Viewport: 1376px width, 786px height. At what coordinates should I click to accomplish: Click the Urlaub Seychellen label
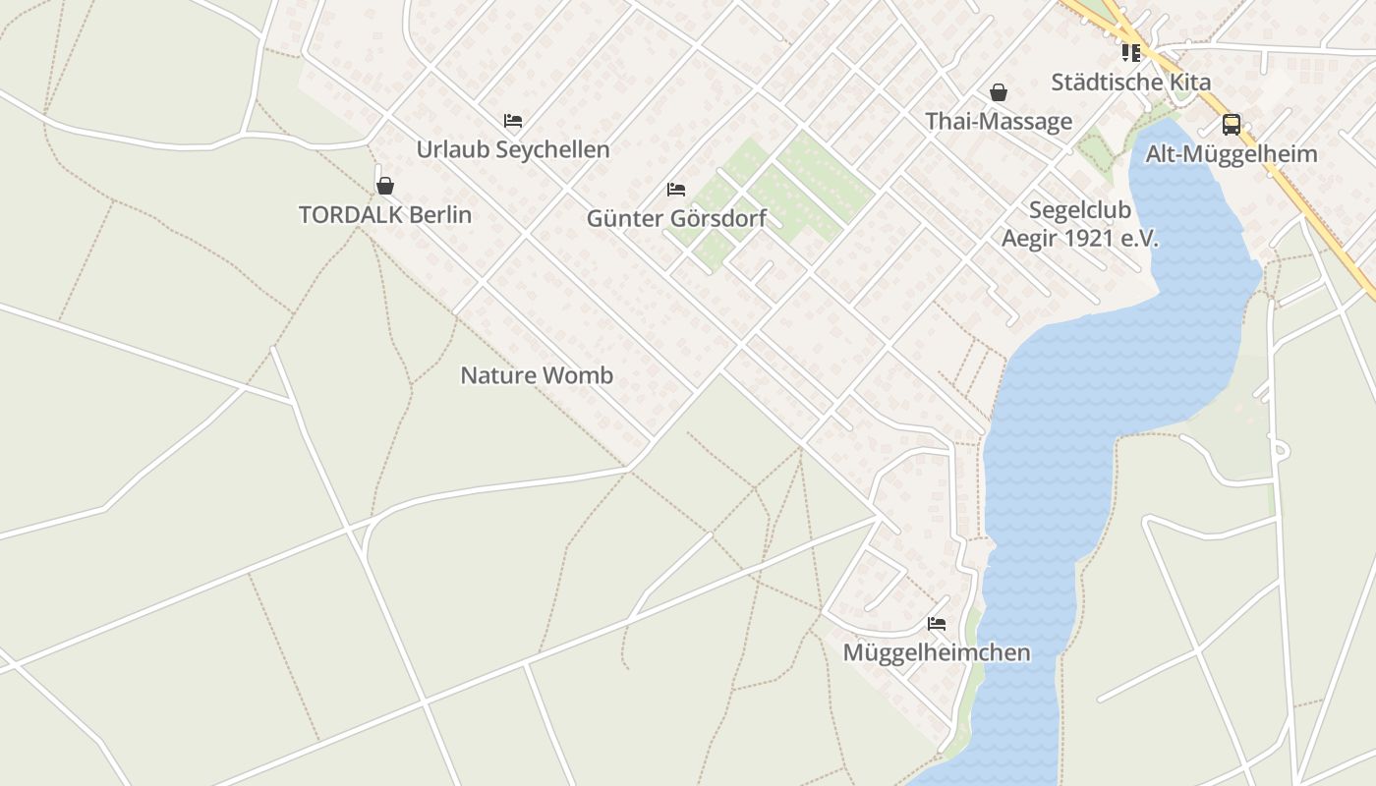click(x=513, y=149)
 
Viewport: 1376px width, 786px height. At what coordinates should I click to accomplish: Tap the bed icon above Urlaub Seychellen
click(x=513, y=121)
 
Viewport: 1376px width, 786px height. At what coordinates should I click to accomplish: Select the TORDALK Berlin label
click(x=385, y=214)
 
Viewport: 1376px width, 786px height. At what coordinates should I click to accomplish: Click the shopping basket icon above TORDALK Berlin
click(x=385, y=186)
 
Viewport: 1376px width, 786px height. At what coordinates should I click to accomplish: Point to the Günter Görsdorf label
click(x=676, y=218)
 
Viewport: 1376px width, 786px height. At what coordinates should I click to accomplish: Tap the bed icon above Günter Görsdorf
click(x=676, y=189)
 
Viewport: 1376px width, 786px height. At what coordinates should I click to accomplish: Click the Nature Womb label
click(x=537, y=375)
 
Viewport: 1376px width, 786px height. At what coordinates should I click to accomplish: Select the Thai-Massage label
click(x=999, y=122)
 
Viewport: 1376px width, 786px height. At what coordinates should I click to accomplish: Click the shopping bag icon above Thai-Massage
click(x=999, y=92)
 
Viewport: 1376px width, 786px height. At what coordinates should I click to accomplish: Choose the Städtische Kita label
click(x=1130, y=82)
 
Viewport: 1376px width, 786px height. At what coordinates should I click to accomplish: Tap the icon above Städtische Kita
click(x=1130, y=53)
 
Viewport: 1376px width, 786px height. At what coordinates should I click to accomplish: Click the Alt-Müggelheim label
click(x=1232, y=154)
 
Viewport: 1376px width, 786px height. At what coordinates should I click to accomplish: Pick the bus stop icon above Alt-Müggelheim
click(x=1232, y=125)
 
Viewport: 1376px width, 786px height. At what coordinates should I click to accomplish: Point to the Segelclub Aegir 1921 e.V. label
click(x=1080, y=224)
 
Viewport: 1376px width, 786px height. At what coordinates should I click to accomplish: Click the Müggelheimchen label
click(x=937, y=652)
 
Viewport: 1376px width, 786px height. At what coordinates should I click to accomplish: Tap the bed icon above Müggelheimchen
click(x=937, y=623)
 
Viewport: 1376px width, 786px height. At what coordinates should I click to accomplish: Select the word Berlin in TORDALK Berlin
click(x=440, y=214)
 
